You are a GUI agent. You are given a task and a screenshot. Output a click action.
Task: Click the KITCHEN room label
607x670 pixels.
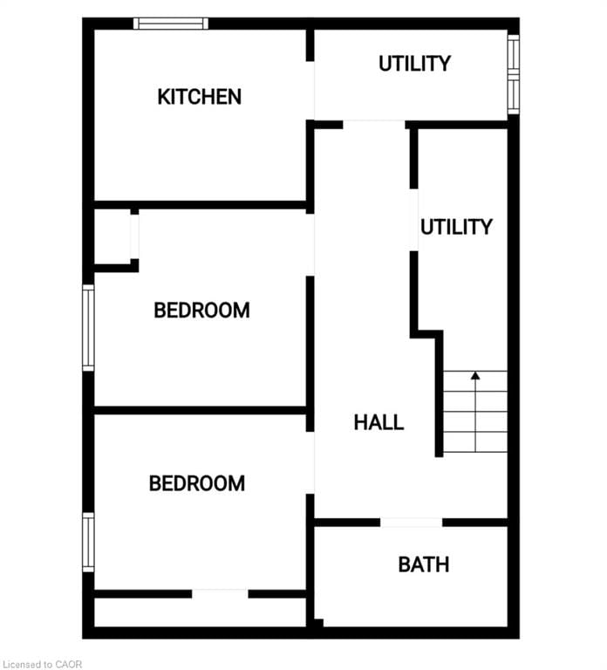pos(199,97)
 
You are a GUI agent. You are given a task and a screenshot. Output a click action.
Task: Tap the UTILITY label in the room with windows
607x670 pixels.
pos(414,64)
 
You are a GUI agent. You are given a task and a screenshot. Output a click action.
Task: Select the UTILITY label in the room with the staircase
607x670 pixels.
pos(456,227)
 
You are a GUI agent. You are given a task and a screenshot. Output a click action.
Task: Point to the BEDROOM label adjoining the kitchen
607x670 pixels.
pos(201,310)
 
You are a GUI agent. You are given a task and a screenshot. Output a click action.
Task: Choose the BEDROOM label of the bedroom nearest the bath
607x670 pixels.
pos(197,483)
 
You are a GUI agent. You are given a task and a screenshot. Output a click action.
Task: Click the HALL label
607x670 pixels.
pos(379,422)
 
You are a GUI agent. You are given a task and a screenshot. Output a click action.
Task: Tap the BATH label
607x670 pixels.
pos(424,564)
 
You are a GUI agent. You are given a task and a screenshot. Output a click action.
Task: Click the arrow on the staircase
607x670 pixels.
pos(475,377)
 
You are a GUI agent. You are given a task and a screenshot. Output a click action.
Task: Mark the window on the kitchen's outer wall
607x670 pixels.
pos(171,24)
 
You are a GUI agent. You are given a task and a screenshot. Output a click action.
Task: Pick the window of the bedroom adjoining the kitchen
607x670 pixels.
pos(88,328)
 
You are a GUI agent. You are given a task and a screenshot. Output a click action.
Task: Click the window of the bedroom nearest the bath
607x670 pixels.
pos(88,542)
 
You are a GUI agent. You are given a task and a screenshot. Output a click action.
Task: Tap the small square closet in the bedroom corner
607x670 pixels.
pos(112,236)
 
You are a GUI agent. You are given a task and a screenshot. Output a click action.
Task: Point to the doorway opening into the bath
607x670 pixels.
pos(411,523)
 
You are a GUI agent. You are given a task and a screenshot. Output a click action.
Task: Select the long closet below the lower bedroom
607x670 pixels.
pos(200,612)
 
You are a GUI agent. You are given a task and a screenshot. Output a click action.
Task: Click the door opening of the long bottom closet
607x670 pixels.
pos(220,594)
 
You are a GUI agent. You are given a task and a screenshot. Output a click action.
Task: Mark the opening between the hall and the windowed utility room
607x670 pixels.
pos(373,125)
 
